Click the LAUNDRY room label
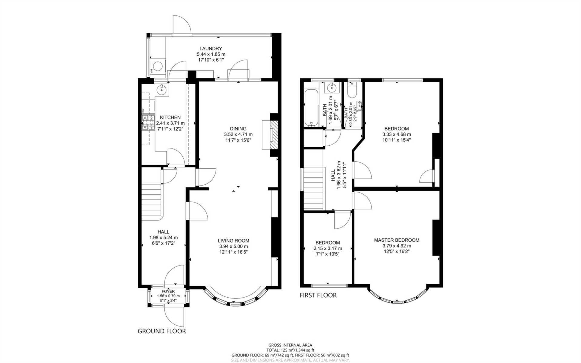click(211, 48)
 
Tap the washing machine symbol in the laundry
click(158, 66)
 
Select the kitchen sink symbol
click(162, 89)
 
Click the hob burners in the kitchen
click(148, 122)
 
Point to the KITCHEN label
click(170, 117)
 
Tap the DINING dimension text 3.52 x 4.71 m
click(238, 134)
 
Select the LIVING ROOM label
click(233, 241)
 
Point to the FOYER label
click(168, 291)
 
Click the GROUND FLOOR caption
click(162, 331)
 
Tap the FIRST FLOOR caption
click(318, 295)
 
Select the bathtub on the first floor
click(311, 107)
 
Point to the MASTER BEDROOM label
click(396, 240)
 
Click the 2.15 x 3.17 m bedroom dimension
click(328, 249)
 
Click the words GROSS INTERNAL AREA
click(290, 345)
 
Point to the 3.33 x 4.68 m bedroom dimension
click(396, 134)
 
